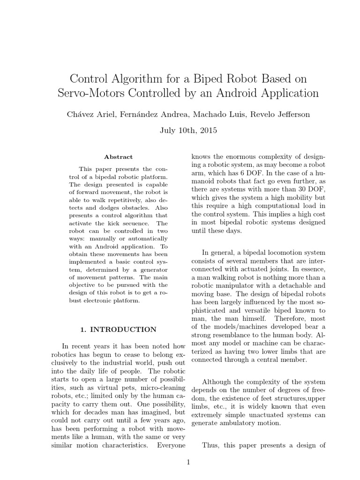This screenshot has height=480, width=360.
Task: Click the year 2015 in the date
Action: point(208,131)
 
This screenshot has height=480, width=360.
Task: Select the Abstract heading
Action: point(118,157)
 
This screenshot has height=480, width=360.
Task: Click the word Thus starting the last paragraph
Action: point(209,445)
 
